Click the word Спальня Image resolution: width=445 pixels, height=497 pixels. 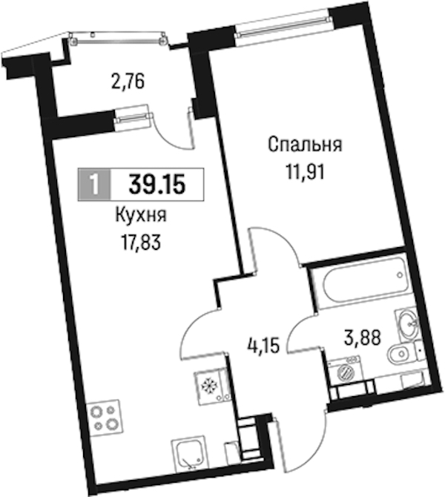[305, 145]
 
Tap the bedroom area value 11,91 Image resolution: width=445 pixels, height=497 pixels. [306, 173]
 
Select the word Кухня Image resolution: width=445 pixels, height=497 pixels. [141, 216]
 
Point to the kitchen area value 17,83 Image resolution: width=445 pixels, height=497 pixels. [141, 243]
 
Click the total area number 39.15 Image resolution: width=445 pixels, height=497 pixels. [157, 185]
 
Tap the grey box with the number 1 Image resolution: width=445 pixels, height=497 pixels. [94, 185]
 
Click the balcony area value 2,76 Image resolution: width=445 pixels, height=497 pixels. [128, 82]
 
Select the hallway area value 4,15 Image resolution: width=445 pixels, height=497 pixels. [263, 346]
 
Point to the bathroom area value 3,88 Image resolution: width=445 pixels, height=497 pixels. [362, 338]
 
